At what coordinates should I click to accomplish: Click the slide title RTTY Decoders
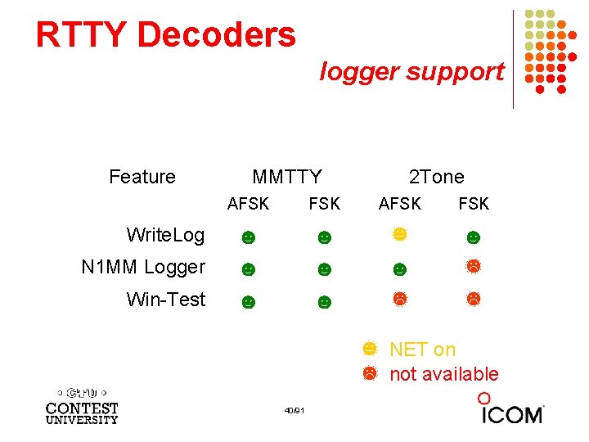coord(165,34)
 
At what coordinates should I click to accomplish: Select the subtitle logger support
coord(411,72)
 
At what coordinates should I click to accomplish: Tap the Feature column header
coord(142,177)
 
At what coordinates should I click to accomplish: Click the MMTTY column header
coord(287,177)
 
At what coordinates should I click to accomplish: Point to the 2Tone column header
coord(436,177)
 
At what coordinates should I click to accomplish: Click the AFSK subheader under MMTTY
coord(248,204)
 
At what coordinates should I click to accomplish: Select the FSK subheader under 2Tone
coord(474,204)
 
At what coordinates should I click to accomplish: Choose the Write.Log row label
coord(165,236)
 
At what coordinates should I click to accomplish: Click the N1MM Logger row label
coord(143,267)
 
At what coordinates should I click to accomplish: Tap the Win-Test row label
coord(166,300)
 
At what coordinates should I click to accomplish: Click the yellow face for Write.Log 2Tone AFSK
coord(399,234)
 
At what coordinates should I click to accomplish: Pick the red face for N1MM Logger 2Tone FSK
coord(473,265)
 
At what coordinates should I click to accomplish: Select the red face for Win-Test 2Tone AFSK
coord(399,299)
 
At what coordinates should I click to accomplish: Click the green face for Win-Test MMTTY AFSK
coord(248,302)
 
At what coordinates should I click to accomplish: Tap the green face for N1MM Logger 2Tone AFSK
coord(399,268)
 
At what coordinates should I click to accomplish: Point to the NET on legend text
coord(422,350)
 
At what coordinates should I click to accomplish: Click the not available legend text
coord(443,374)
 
